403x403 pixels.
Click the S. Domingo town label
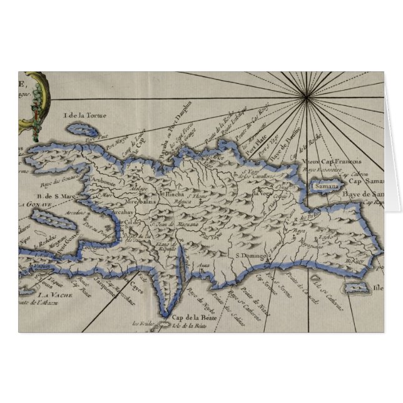[x=250, y=255]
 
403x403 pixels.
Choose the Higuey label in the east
[x=354, y=261]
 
